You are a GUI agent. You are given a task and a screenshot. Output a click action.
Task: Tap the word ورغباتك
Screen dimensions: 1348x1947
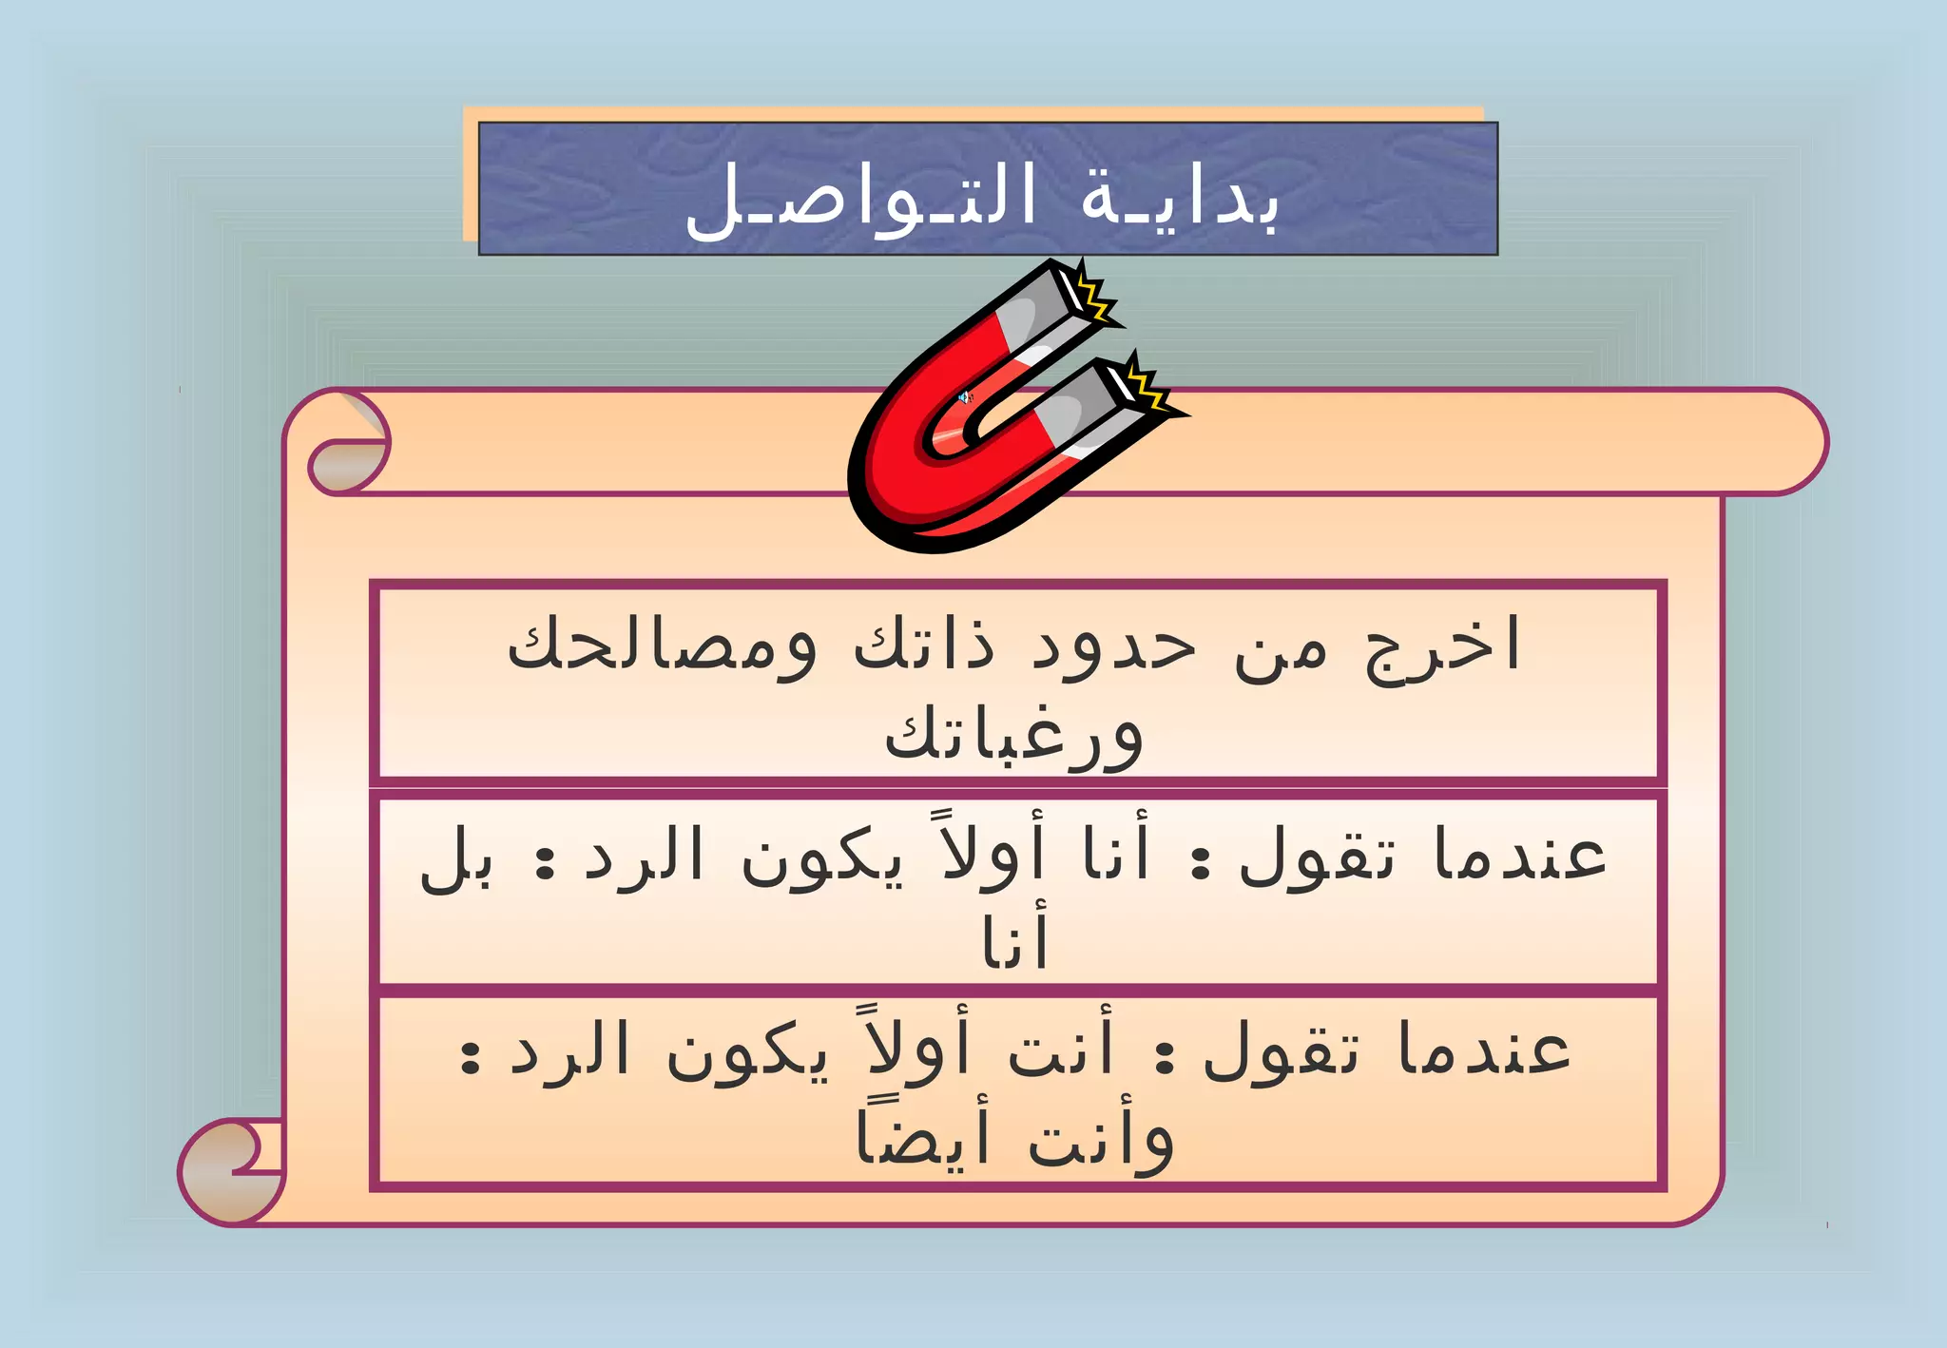coord(1013,737)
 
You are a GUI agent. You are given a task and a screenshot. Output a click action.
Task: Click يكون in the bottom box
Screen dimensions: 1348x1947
coord(746,1053)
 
